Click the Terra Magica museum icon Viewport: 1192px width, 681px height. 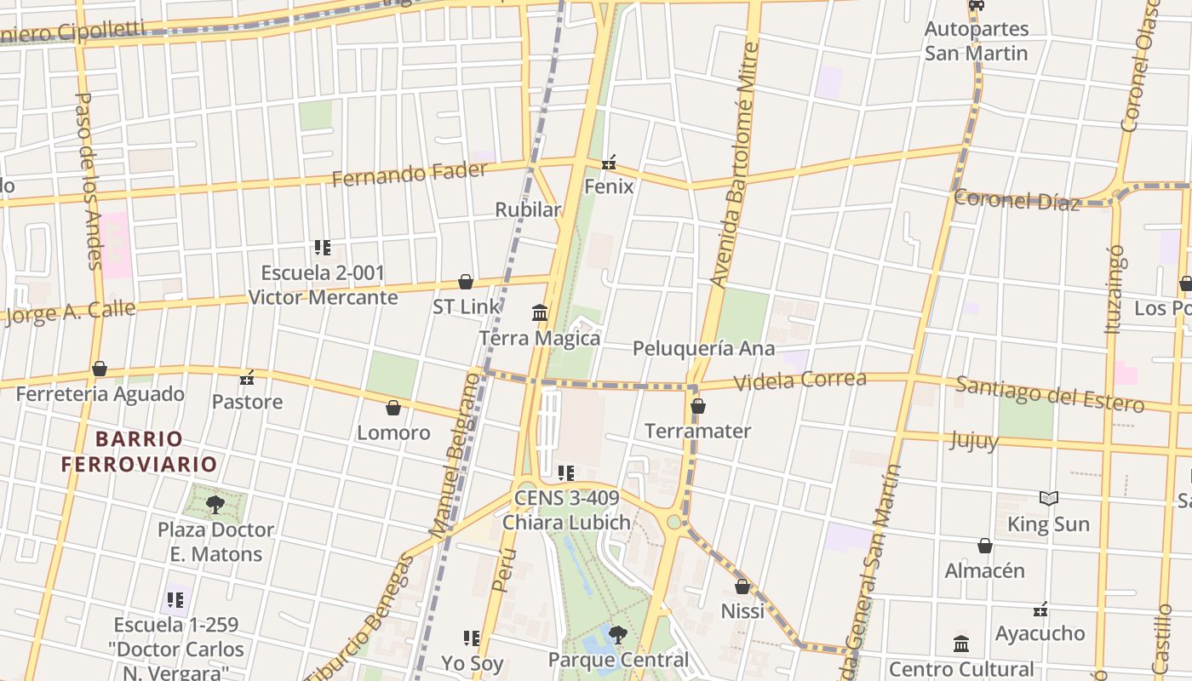click(540, 313)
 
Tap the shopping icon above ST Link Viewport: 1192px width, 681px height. click(466, 282)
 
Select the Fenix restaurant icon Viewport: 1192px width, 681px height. click(609, 162)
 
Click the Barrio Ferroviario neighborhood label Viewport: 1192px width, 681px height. click(139, 451)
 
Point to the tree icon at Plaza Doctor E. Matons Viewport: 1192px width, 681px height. click(215, 504)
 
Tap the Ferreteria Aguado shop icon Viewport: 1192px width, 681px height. click(100, 369)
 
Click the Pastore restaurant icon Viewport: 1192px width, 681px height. click(247, 377)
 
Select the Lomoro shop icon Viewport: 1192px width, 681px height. click(393, 408)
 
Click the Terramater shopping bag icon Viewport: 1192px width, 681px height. click(698, 406)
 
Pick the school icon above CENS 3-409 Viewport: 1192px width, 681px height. click(565, 472)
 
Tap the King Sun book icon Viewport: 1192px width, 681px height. click(1049, 499)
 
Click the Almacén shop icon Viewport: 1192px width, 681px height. click(985, 546)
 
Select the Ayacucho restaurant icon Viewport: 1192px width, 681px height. click(1040, 609)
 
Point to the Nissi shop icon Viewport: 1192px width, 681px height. click(742, 587)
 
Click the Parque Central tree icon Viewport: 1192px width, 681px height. click(617, 634)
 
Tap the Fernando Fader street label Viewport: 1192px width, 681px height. click(410, 174)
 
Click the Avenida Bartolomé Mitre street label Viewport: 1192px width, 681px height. click(734, 166)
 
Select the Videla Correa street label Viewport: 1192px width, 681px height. click(800, 381)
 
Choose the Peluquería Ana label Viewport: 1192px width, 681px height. click(703, 348)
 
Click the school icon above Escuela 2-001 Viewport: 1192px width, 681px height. click(322, 248)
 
